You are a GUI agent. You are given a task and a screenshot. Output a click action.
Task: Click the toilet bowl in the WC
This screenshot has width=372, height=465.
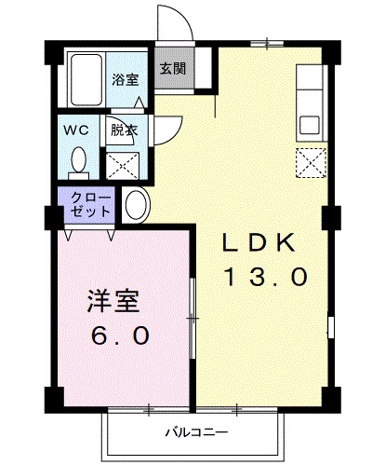(79, 160)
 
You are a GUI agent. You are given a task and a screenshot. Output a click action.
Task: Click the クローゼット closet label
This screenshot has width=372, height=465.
(86, 203)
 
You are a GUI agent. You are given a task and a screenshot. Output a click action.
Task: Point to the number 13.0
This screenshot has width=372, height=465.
(263, 276)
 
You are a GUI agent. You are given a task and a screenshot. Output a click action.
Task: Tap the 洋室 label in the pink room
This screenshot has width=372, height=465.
(113, 302)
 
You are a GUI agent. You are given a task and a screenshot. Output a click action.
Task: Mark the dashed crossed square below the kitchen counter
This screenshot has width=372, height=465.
(309, 163)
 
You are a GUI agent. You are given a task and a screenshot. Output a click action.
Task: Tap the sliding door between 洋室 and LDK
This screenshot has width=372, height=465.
(193, 317)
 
